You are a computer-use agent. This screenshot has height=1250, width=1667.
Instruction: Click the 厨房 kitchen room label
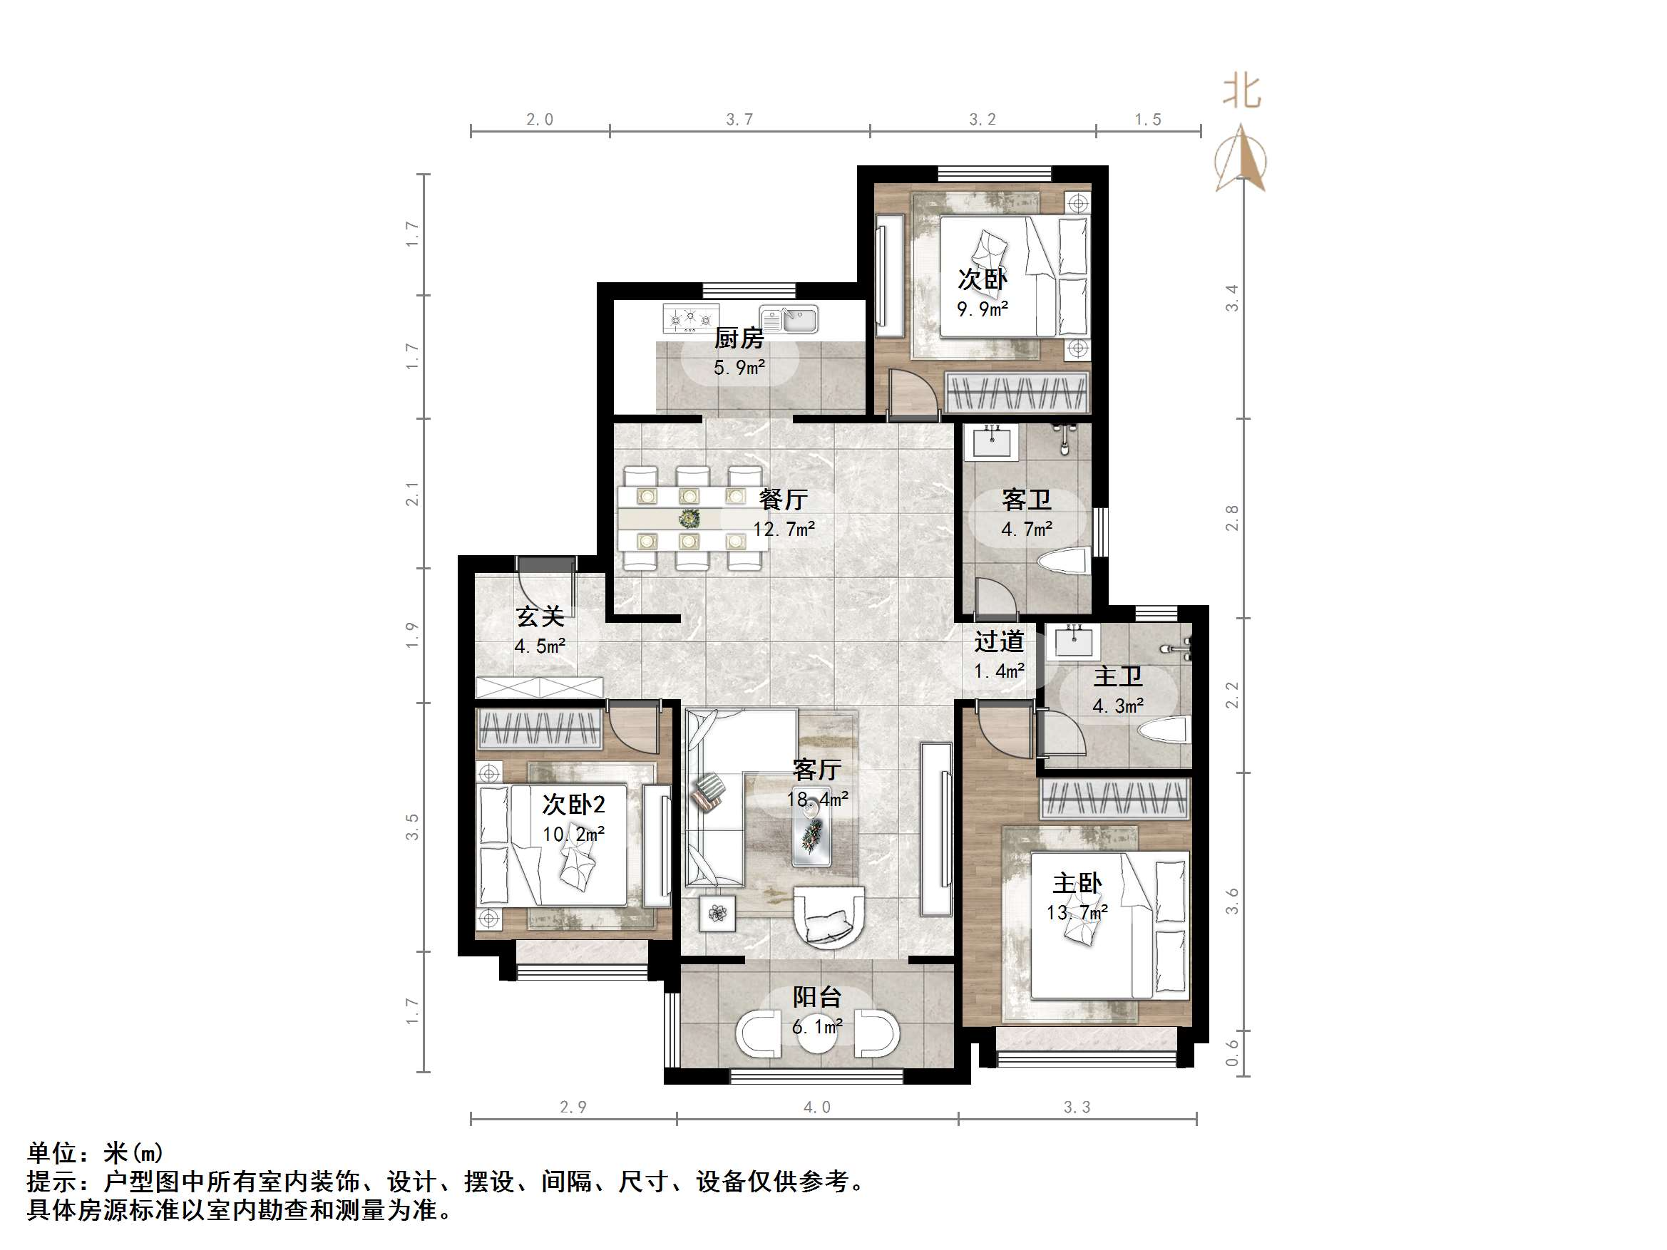739,338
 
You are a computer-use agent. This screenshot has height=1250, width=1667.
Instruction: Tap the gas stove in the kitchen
689,318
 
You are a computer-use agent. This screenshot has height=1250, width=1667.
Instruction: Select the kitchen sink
789,318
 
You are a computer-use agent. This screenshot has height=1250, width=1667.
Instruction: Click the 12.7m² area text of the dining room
784,529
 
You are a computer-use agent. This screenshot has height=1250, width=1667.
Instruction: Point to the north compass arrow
1241,160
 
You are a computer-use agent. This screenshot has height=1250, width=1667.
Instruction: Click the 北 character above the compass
1241,91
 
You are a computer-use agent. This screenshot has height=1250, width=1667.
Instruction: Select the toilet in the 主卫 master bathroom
1164,729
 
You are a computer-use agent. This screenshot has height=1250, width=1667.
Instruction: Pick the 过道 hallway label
998,641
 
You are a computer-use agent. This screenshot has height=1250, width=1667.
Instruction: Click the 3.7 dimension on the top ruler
739,119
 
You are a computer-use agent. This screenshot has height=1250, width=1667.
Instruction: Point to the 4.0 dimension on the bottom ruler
816,1107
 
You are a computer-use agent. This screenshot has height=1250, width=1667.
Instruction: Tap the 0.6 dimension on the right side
1232,1053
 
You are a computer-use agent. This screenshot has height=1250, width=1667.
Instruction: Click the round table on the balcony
817,1032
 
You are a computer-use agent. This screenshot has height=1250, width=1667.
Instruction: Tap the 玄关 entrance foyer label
540,616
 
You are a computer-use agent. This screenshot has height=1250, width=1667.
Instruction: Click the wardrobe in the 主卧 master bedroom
1114,799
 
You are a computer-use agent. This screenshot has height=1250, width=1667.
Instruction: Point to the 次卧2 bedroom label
573,804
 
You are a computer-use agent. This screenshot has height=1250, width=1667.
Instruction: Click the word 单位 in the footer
52,1153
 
